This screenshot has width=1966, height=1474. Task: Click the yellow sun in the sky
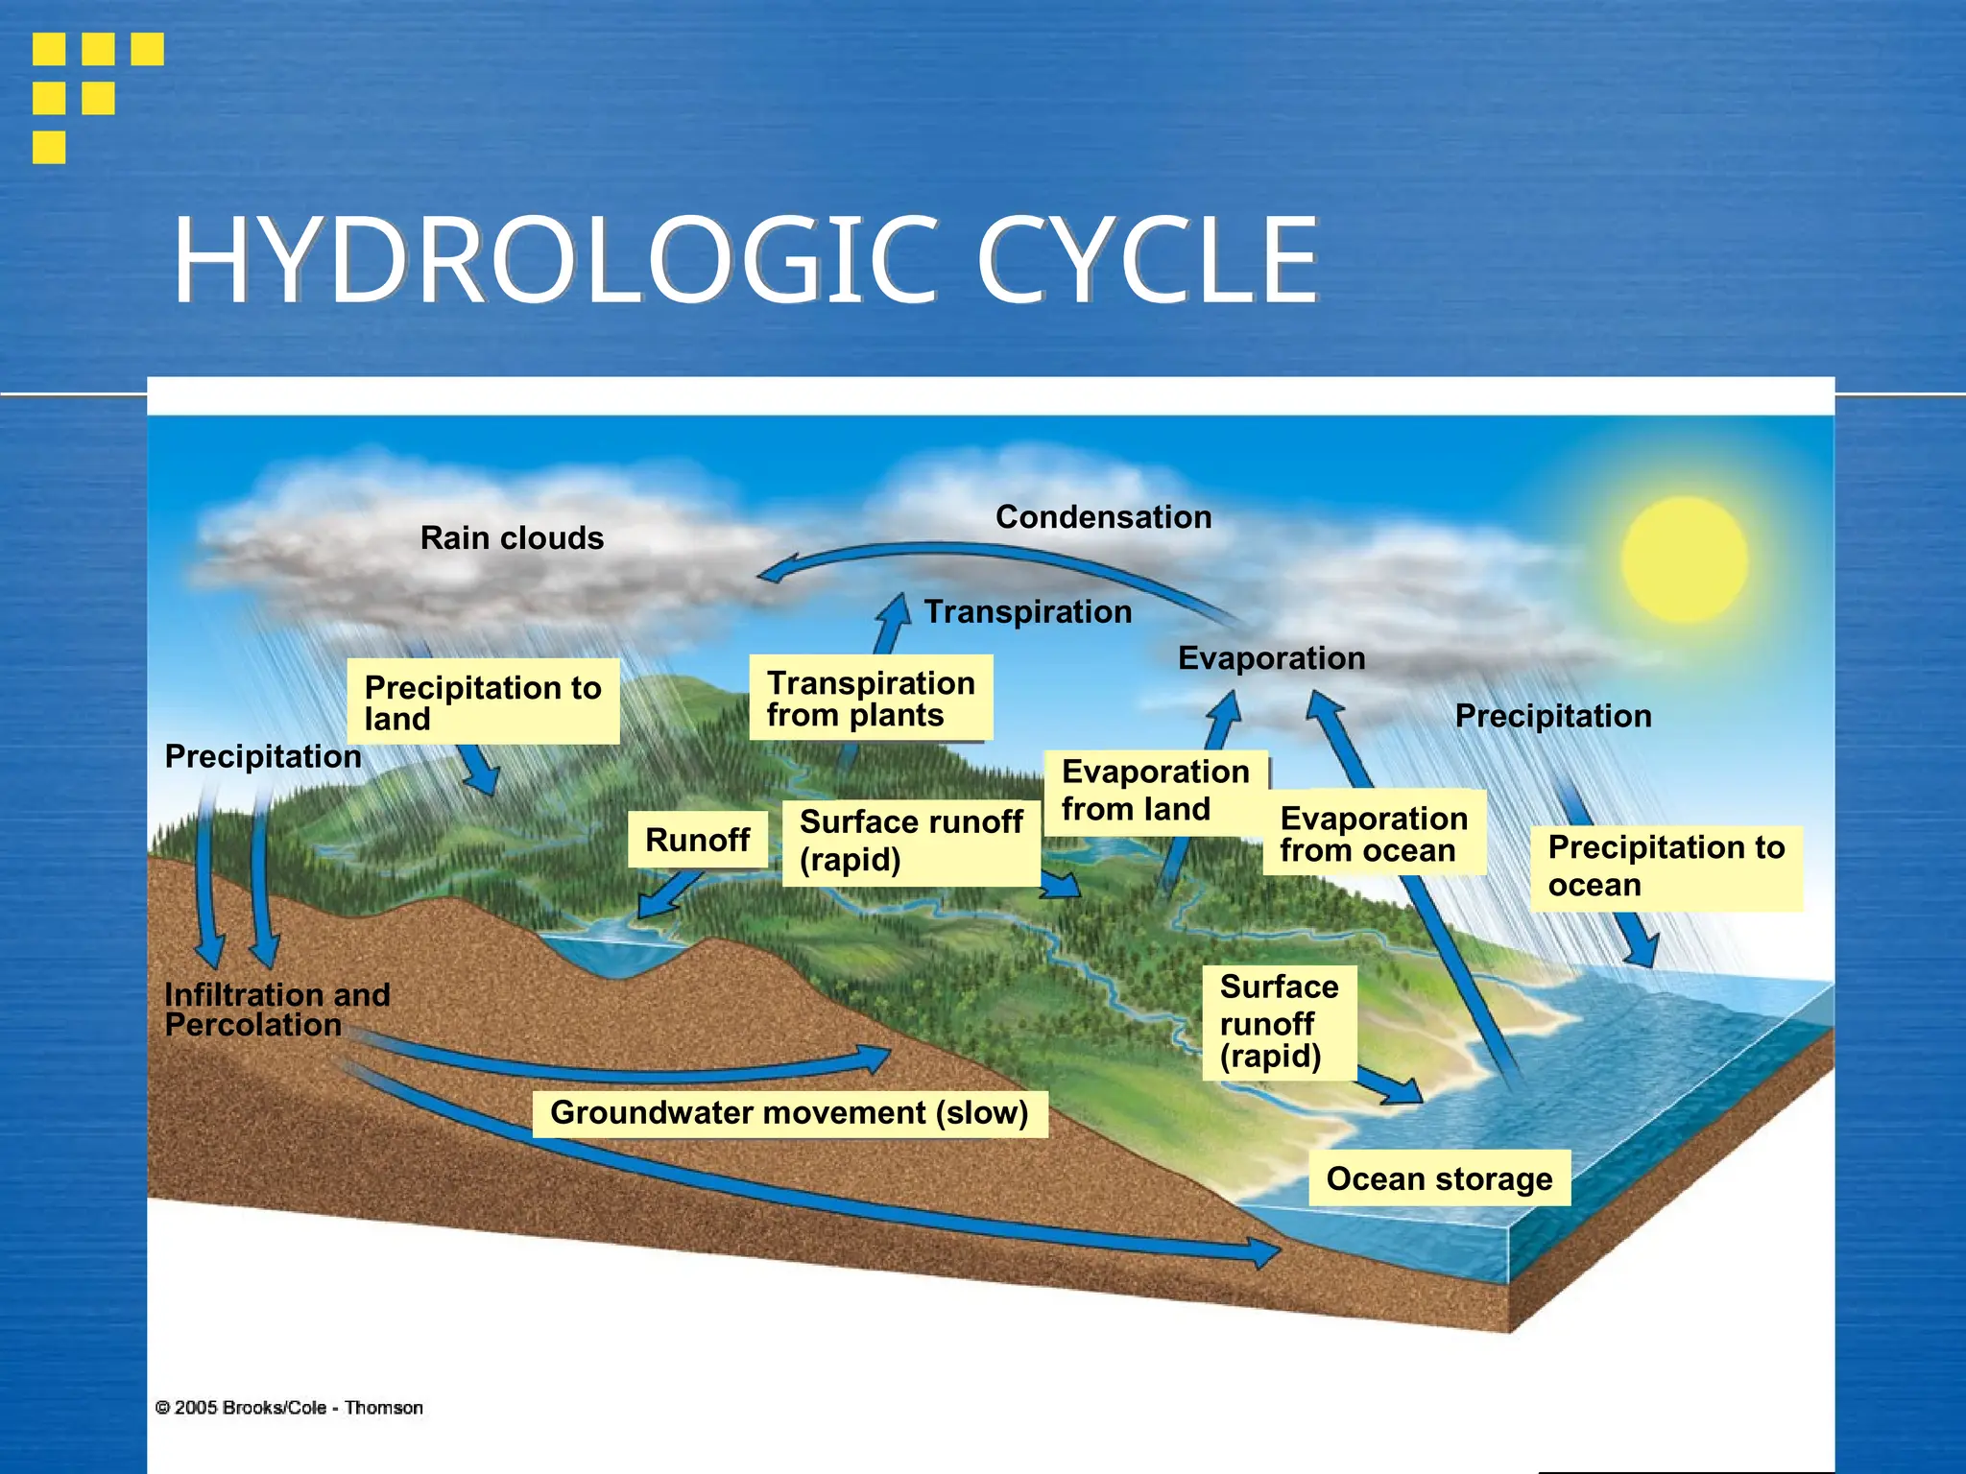pyautogui.click(x=1685, y=559)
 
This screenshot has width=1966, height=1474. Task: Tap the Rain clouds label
pyautogui.click(x=512, y=538)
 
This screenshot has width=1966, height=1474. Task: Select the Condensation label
pyautogui.click(x=1103, y=517)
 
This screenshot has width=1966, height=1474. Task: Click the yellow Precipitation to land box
pyautogui.click(x=483, y=701)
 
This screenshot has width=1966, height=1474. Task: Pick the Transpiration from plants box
pyautogui.click(x=870, y=698)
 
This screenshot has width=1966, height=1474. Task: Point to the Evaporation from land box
pyautogui.click(x=1155, y=791)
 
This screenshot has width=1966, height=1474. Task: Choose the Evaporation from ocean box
pyautogui.click(x=1374, y=833)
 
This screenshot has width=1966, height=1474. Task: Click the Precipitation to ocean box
pyautogui.click(x=1666, y=866)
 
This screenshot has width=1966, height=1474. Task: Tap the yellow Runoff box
pyautogui.click(x=697, y=840)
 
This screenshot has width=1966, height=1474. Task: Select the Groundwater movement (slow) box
pyautogui.click(x=789, y=1113)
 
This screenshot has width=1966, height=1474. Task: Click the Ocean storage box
pyautogui.click(x=1439, y=1178)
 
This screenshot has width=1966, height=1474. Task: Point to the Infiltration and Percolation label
pyautogui.click(x=277, y=1010)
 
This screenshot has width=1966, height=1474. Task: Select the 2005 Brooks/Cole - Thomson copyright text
pyautogui.click(x=289, y=1408)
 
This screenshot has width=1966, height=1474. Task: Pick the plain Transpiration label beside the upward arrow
pyautogui.click(x=1027, y=612)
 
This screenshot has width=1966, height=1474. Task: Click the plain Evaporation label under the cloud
pyautogui.click(x=1271, y=658)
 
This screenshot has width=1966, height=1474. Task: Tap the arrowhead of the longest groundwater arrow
pyautogui.click(x=1265, y=1251)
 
